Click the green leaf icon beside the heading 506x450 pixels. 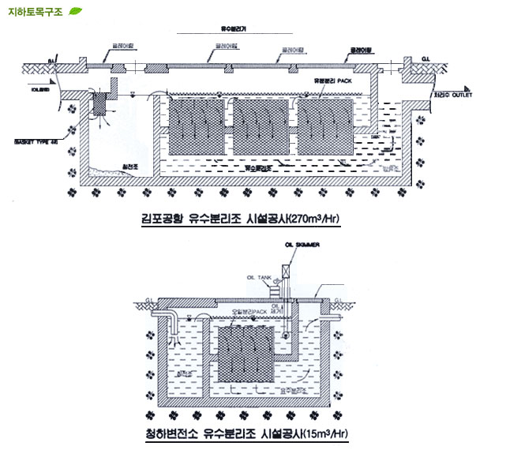76,10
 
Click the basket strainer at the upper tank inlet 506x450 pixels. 101,104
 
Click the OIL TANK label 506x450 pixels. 260,277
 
